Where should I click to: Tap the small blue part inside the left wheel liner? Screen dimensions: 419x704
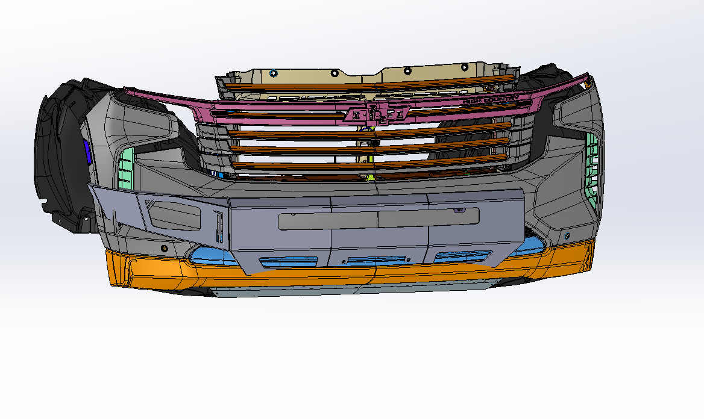[x=87, y=152]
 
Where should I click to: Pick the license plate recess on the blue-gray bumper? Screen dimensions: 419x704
[x=378, y=218]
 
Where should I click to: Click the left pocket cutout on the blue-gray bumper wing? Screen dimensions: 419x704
[x=175, y=216]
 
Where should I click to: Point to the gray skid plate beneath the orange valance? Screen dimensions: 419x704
[x=350, y=291]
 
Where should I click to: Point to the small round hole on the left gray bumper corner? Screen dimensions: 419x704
[x=163, y=248]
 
